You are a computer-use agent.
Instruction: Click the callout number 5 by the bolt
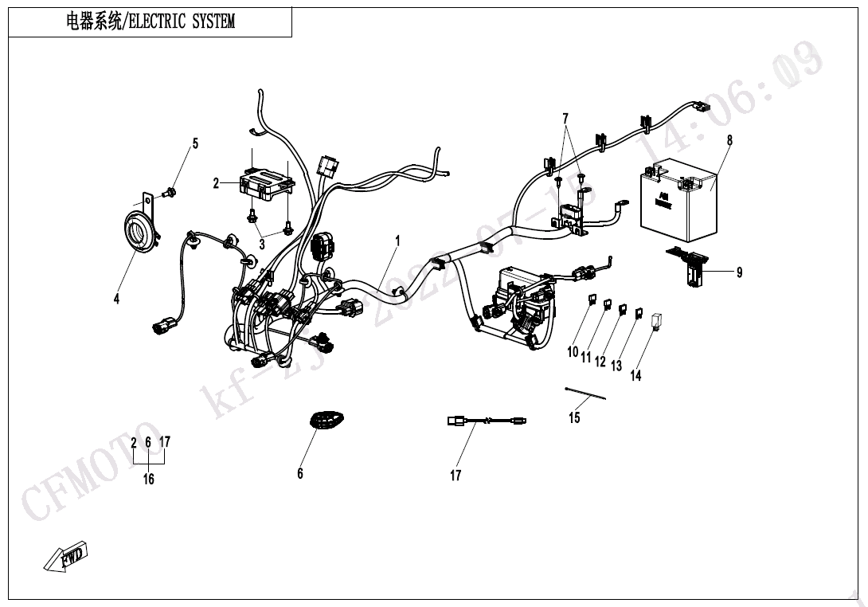[x=194, y=144]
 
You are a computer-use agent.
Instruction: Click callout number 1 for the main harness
[x=397, y=240]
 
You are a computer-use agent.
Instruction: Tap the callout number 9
[x=739, y=272]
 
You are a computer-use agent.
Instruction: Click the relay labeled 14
[x=658, y=320]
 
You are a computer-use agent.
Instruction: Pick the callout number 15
[x=574, y=417]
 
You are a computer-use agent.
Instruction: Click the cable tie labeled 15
[x=585, y=394]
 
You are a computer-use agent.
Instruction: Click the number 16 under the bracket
[x=149, y=479]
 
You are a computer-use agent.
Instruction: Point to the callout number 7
[x=565, y=119]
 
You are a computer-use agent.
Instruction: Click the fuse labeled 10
[x=591, y=300]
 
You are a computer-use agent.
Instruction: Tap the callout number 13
[x=616, y=366]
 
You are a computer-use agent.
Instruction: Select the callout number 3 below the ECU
[x=261, y=245]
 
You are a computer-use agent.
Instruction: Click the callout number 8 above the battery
[x=729, y=140]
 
